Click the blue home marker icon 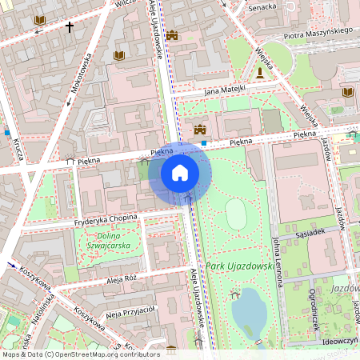pos(180,173)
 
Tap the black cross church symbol pos(69,28)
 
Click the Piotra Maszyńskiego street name pos(318,33)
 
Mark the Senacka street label pos(262,6)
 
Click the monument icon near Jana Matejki pos(260,73)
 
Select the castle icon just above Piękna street pos(200,129)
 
